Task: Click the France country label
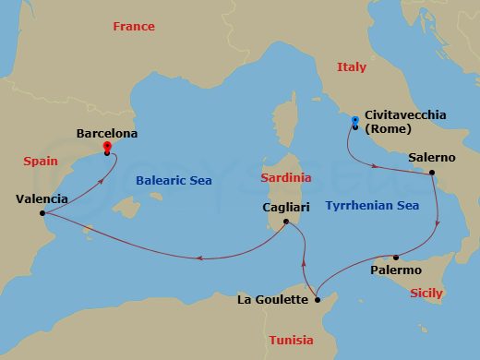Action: [134, 27]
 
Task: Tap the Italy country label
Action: [351, 67]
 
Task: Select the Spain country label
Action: [40, 162]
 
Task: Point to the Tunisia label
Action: [291, 341]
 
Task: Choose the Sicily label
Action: [426, 294]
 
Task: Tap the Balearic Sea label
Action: [174, 182]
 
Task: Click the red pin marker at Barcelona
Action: [107, 147]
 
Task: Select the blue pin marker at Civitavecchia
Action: [354, 121]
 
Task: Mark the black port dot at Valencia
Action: [42, 214]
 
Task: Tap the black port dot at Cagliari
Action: [286, 222]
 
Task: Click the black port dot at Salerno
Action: [431, 173]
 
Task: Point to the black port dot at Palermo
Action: [396, 258]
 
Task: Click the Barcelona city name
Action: [106, 134]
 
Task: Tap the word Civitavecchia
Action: [405, 115]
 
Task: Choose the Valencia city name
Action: [42, 198]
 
